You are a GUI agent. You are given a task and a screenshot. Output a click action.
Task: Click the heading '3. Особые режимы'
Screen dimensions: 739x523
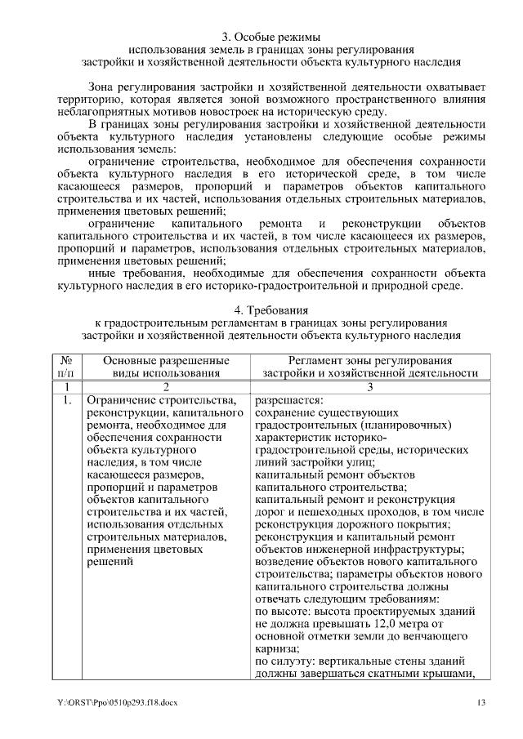pyautogui.click(x=270, y=37)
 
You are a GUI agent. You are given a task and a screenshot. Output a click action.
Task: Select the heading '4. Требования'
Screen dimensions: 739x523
pyautogui.click(x=270, y=309)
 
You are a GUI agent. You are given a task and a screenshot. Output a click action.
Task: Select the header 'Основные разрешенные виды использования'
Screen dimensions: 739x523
pyautogui.click(x=166, y=366)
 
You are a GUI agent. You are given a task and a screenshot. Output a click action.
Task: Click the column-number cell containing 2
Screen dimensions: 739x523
pyautogui.click(x=166, y=386)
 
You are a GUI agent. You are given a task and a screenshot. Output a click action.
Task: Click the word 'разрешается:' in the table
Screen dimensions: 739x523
pyautogui.click(x=288, y=400)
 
